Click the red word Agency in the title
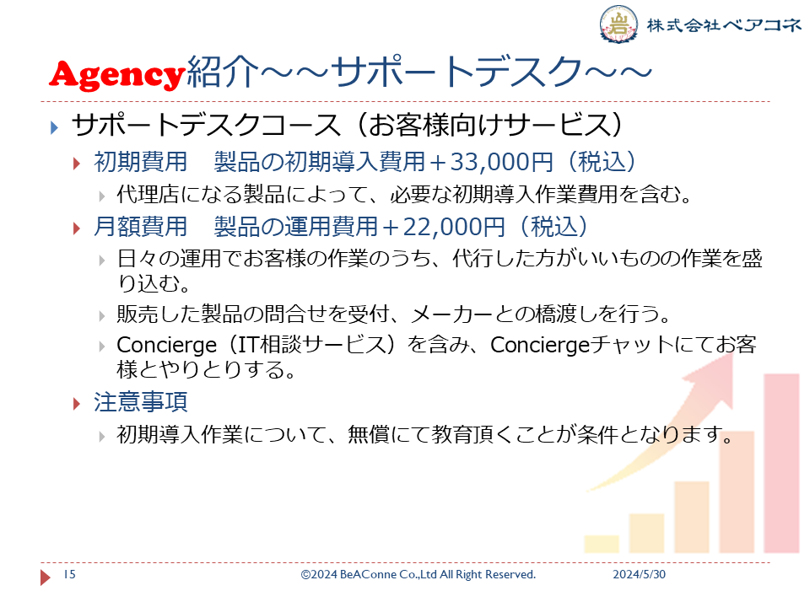click(x=117, y=74)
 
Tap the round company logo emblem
click(x=618, y=24)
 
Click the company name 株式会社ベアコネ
click(x=724, y=24)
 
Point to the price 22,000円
click(x=454, y=227)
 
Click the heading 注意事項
click(x=140, y=401)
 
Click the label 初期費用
click(x=140, y=162)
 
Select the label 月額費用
click(x=140, y=227)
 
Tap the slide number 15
click(x=69, y=574)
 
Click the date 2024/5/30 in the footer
click(x=639, y=574)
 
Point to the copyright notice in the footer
click(x=418, y=574)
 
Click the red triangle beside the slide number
click(x=46, y=577)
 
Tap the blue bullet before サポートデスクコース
click(x=54, y=127)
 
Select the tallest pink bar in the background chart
click(x=781, y=464)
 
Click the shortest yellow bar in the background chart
click(x=602, y=544)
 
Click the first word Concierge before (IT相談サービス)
click(x=166, y=345)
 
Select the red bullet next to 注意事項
click(x=78, y=404)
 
